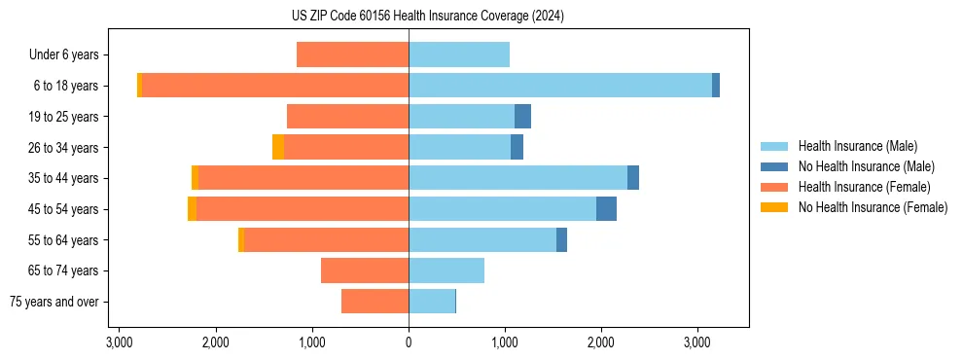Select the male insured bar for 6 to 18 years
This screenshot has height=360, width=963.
tap(559, 86)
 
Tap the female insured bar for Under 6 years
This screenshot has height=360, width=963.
tap(352, 54)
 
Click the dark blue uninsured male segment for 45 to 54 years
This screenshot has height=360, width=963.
tap(606, 208)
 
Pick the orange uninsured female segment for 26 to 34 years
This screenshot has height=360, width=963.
tap(278, 147)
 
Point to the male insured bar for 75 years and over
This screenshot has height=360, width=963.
tap(431, 302)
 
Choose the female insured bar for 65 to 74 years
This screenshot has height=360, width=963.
tap(365, 270)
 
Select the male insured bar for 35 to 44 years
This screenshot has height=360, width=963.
tap(517, 178)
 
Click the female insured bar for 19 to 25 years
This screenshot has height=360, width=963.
tap(347, 117)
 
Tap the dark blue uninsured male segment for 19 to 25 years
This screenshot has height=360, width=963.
tap(522, 117)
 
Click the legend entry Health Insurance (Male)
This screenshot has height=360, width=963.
tap(857, 146)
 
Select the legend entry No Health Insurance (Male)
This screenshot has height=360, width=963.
tap(865, 166)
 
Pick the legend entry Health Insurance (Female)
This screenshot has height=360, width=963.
tap(864, 187)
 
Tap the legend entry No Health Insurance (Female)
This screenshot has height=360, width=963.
tap(872, 207)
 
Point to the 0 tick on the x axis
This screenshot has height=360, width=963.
tap(409, 343)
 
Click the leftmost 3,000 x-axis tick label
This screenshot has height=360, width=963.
tap(119, 343)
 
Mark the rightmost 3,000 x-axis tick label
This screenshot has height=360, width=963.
tap(697, 343)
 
